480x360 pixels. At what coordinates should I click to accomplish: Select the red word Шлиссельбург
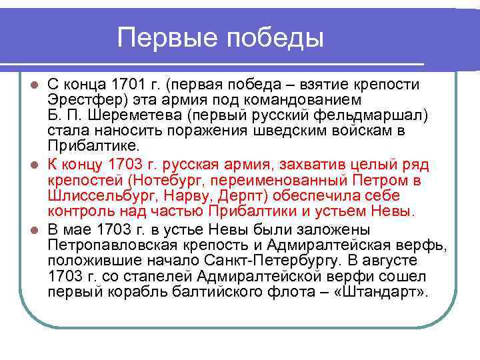91,195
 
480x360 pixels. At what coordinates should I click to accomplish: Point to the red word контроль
79,211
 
